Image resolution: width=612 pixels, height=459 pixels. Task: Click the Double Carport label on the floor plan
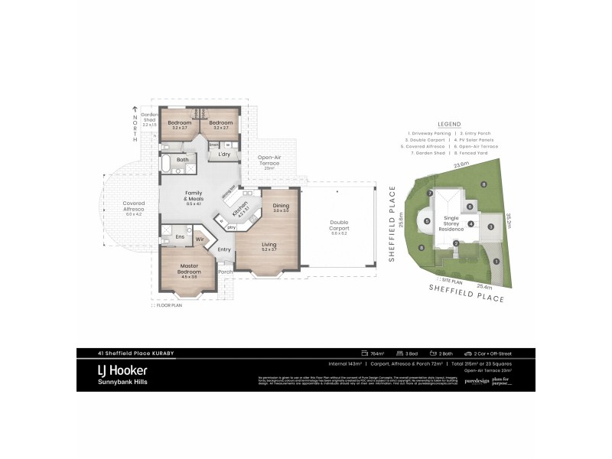click(x=339, y=229)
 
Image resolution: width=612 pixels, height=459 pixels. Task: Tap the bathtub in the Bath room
click(x=167, y=162)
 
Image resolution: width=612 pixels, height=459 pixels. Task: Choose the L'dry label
click(x=224, y=155)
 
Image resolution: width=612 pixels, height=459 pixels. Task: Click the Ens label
click(x=180, y=236)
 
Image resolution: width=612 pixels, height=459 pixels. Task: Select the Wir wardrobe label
click(x=200, y=239)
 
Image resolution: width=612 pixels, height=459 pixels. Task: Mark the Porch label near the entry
click(x=225, y=272)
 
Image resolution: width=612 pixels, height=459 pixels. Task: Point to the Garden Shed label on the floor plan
click(x=148, y=119)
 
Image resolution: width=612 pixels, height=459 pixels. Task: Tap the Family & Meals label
click(x=192, y=197)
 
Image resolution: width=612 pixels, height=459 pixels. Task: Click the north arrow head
click(x=135, y=109)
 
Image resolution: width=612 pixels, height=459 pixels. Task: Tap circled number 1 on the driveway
click(x=496, y=261)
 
